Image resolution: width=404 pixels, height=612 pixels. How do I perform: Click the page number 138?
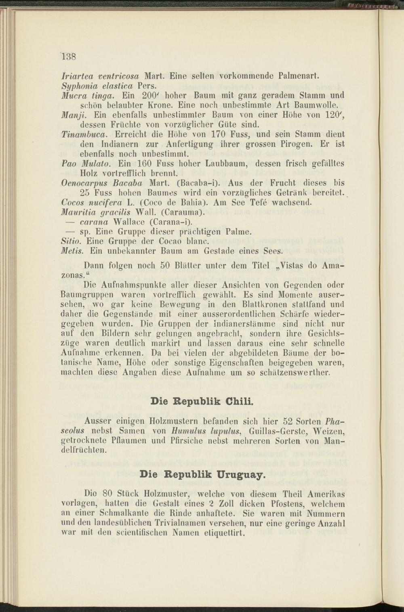pyautogui.click(x=69, y=56)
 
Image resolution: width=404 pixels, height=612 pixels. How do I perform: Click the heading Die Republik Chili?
pyautogui.click(x=202, y=402)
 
